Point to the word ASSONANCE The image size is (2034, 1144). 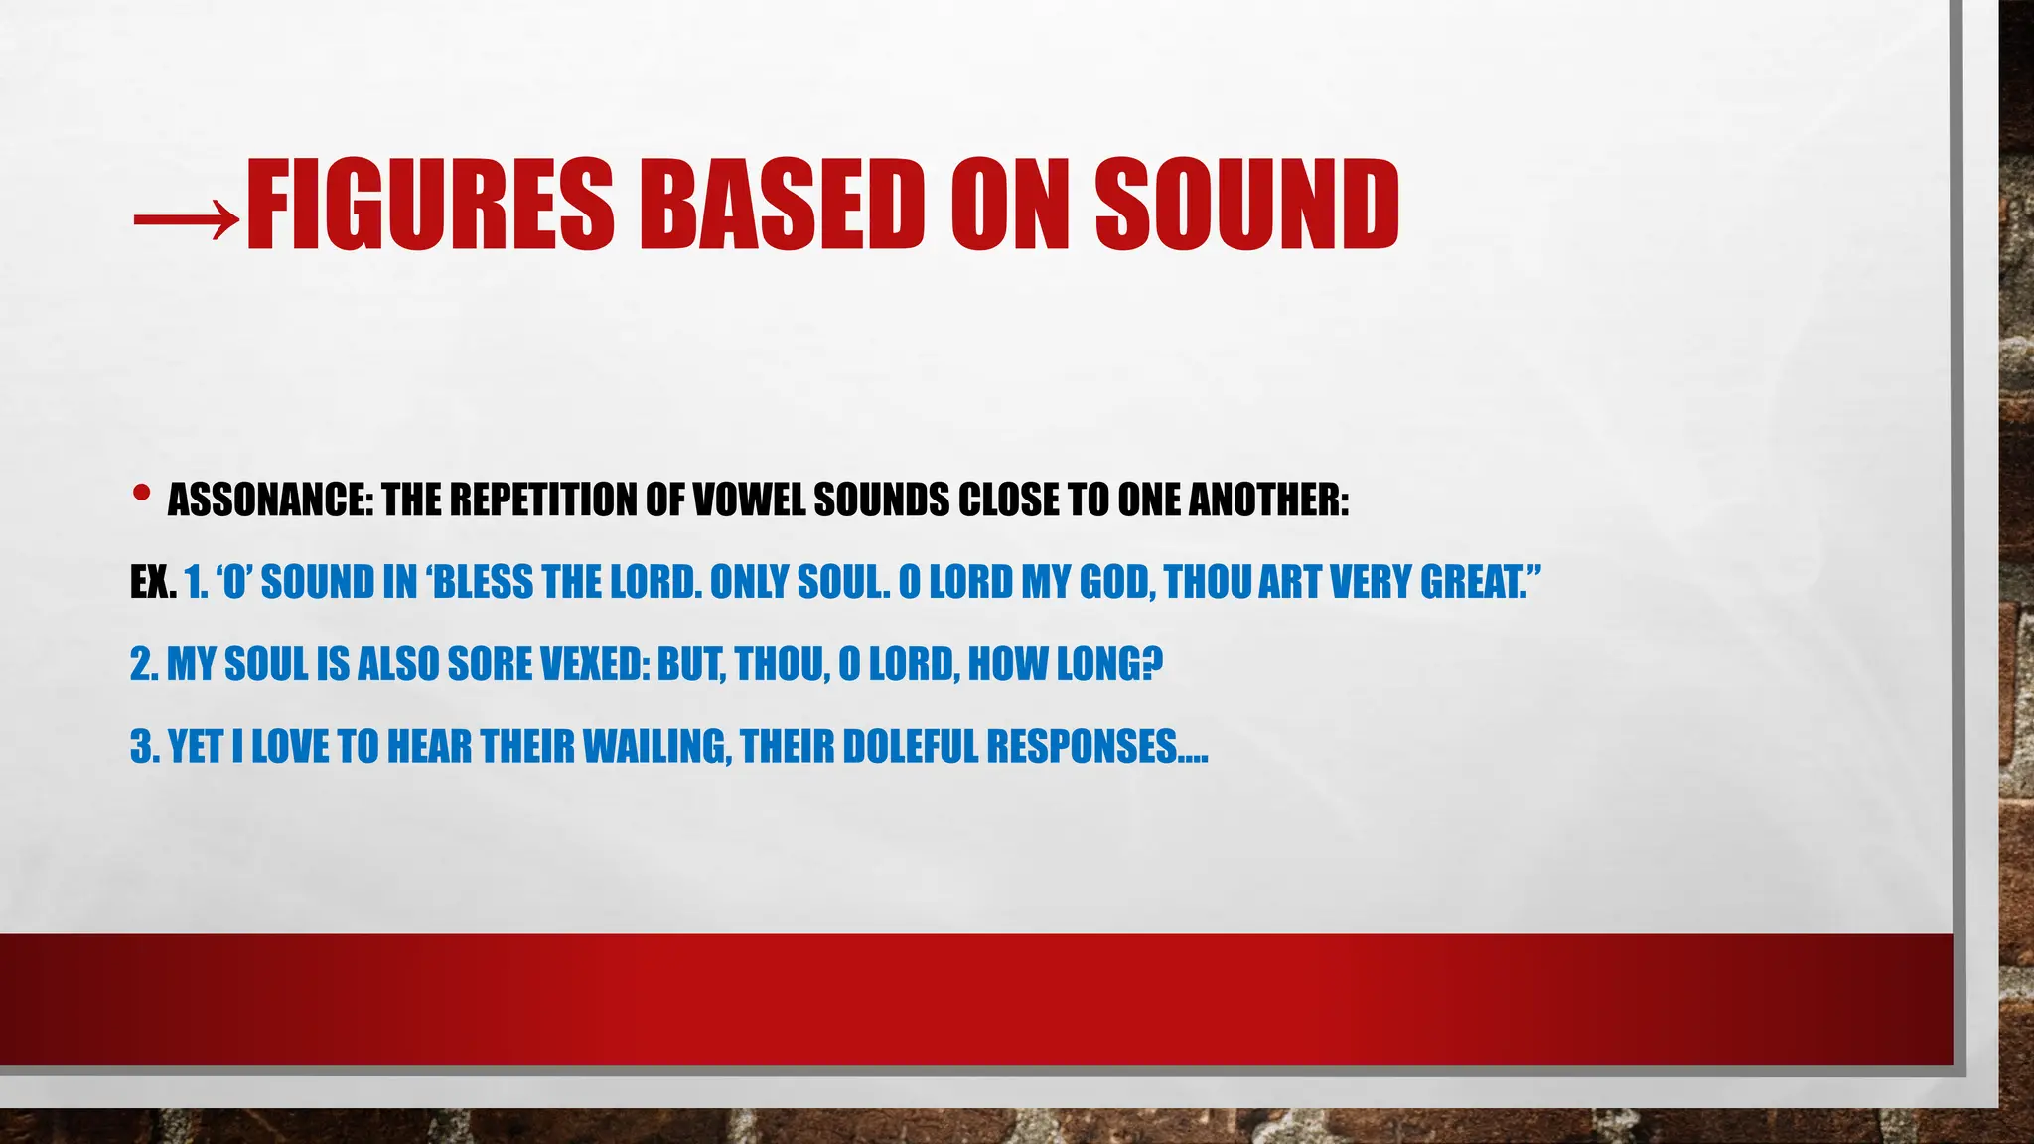(x=269, y=500)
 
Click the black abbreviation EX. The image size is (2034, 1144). (x=153, y=582)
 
